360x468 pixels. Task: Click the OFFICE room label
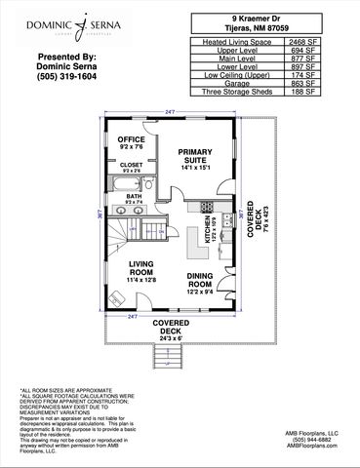click(132, 139)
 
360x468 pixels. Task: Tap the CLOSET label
click(132, 165)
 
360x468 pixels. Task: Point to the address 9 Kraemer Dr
click(254, 18)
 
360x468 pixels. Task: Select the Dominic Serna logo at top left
click(57, 20)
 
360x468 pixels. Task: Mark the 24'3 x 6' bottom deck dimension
click(171, 338)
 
